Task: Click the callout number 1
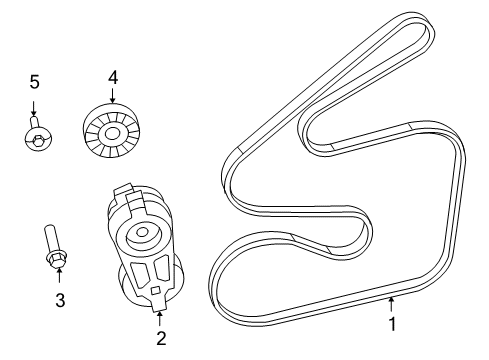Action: [x=393, y=324]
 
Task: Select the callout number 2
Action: [x=161, y=338]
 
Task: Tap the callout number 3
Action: [x=60, y=300]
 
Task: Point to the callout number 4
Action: [x=113, y=78]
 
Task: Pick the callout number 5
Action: [x=34, y=82]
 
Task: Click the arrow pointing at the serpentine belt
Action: [x=392, y=305]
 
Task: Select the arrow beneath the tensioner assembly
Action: [x=160, y=319]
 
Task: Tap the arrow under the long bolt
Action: [x=59, y=275]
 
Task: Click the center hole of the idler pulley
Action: [x=111, y=134]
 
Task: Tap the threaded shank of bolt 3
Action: [x=51, y=239]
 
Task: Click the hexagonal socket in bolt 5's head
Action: [x=38, y=138]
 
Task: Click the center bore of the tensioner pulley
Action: [x=142, y=232]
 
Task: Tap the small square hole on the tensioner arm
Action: [x=155, y=290]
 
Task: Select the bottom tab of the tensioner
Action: [x=159, y=306]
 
